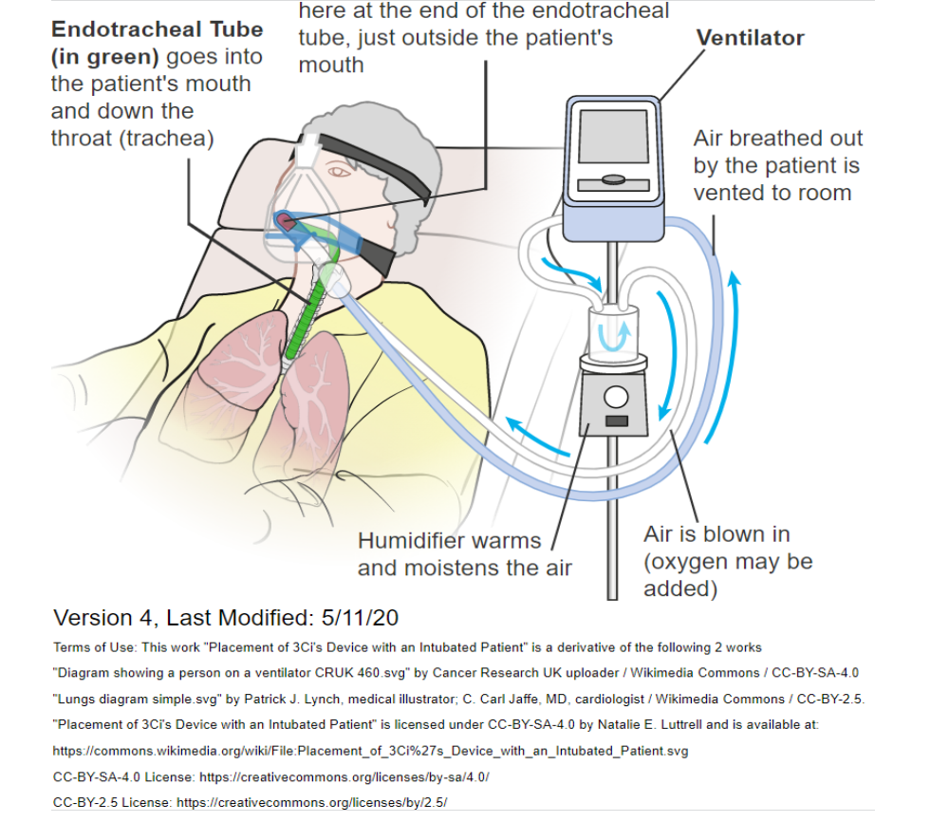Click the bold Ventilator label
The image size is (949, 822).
coord(750,38)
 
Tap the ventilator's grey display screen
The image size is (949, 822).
coord(614,137)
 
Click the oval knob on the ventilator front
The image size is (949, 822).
coord(614,179)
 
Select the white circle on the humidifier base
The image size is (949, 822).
coord(616,398)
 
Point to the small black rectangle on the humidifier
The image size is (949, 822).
coord(617,420)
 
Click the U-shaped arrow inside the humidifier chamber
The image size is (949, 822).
coord(614,337)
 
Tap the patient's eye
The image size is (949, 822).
coord(339,172)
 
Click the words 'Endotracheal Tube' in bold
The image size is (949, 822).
coord(158,29)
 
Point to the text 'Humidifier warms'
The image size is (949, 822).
coord(449,540)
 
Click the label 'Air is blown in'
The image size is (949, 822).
coord(716,534)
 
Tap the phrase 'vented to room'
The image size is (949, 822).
coord(772,193)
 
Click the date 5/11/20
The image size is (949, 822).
coord(360,618)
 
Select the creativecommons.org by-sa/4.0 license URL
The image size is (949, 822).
coord(344,777)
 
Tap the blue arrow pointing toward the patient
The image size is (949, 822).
coord(537,435)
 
